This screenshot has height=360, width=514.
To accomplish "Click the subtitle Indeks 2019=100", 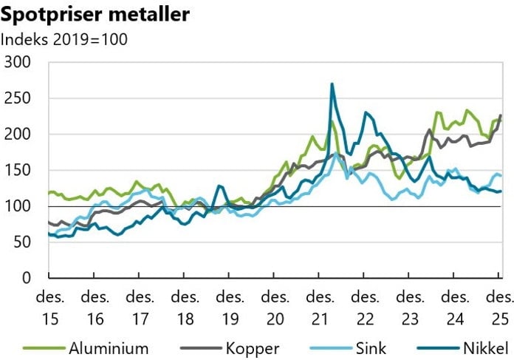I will (66, 38).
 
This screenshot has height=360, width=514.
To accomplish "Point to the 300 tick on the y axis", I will (19, 62).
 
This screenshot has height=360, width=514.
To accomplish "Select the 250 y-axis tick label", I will (19, 98).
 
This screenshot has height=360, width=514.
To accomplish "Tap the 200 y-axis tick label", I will (19, 135).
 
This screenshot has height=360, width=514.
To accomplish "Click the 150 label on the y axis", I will (19, 170).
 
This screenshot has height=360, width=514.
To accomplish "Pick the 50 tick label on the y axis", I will (24, 242).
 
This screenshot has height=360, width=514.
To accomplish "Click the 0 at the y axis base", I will (28, 278).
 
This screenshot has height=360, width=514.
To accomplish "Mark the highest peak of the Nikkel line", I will (332, 84).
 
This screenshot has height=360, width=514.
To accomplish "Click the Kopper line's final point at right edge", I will (501, 115).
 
